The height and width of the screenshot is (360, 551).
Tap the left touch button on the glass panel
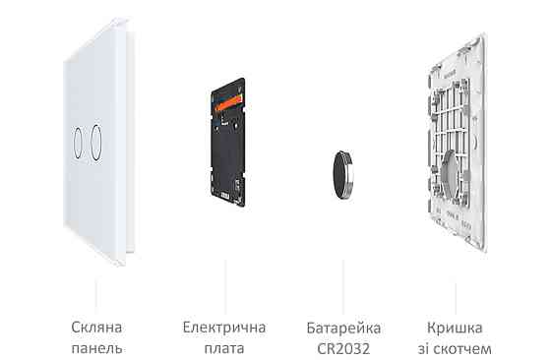(78, 141)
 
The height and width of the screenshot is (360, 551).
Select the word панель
(96, 348)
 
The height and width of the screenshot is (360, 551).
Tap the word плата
(224, 348)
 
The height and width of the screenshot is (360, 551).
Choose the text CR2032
(344, 348)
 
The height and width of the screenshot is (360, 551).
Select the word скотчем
(469, 348)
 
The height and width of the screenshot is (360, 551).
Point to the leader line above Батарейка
(342, 280)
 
